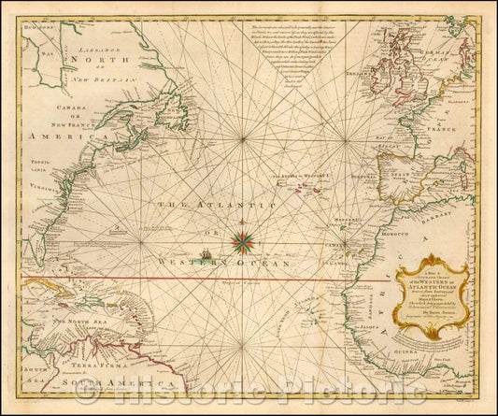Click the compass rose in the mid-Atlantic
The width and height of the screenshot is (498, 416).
coord(244,242)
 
